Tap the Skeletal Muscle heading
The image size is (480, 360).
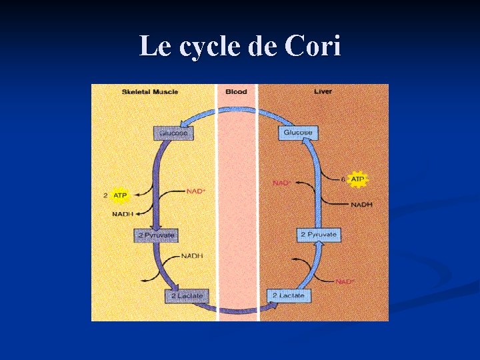[150, 91]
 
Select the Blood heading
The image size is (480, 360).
[237, 91]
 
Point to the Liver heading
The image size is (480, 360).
[323, 91]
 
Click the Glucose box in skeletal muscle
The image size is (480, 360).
[173, 133]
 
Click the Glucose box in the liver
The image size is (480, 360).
[297, 133]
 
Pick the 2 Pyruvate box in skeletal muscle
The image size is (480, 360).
[157, 235]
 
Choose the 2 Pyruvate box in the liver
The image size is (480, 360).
[319, 235]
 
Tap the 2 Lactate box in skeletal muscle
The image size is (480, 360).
[185, 295]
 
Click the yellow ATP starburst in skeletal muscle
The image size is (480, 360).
[120, 195]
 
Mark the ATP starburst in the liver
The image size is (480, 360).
[358, 179]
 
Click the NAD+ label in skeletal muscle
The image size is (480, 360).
[195, 191]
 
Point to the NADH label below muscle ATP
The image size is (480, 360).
[123, 213]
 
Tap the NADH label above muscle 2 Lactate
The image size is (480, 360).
[192, 256]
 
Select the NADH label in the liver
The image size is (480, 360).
[361, 204]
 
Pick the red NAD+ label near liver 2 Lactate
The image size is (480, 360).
[345, 281]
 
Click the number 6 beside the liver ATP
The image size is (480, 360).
[343, 179]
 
